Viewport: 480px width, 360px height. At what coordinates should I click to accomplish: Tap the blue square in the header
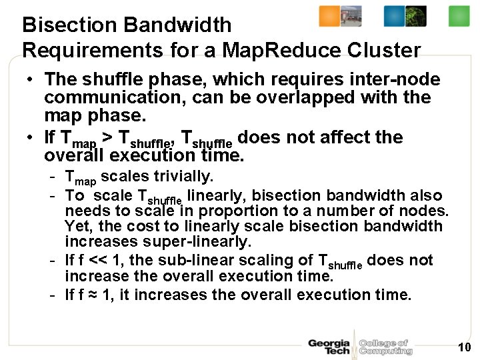click(394, 16)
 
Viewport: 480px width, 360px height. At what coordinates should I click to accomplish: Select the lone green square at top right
click(459, 16)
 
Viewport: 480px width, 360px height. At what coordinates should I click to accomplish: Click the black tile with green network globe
click(416, 16)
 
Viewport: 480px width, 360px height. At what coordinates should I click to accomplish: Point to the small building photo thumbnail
click(351, 16)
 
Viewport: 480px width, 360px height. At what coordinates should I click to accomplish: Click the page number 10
click(464, 347)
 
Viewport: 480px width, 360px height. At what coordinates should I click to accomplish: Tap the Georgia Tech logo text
click(329, 347)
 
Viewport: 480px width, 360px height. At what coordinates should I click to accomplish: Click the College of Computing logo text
click(385, 347)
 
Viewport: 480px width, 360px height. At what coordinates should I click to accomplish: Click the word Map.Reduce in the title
click(280, 50)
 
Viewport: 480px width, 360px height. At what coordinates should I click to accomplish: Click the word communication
click(103, 97)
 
